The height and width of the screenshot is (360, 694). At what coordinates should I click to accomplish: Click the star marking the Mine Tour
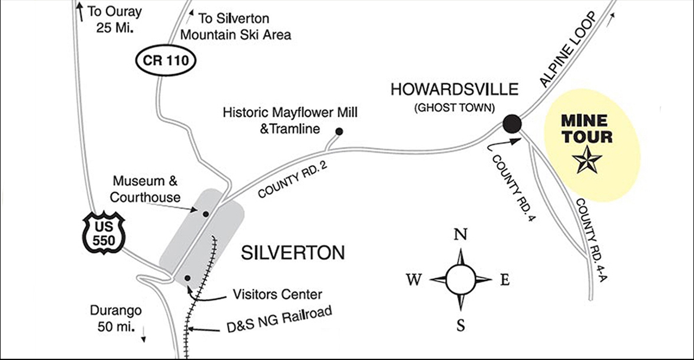coord(588,160)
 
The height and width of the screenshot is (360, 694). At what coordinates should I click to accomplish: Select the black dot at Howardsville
coord(512,123)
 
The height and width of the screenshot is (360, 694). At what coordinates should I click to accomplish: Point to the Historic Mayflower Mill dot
coord(339,131)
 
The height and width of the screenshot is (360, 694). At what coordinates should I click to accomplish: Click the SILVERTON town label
coord(293,253)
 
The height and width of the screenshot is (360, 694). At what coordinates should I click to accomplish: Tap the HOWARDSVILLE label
coord(454,90)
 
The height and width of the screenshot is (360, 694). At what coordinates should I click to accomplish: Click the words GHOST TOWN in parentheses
coord(454,108)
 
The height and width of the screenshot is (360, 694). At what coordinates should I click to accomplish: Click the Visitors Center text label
coord(278,293)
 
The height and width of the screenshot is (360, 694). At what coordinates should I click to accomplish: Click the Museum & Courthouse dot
coord(205,214)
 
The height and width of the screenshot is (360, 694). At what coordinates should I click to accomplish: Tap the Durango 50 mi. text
coord(114,318)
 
